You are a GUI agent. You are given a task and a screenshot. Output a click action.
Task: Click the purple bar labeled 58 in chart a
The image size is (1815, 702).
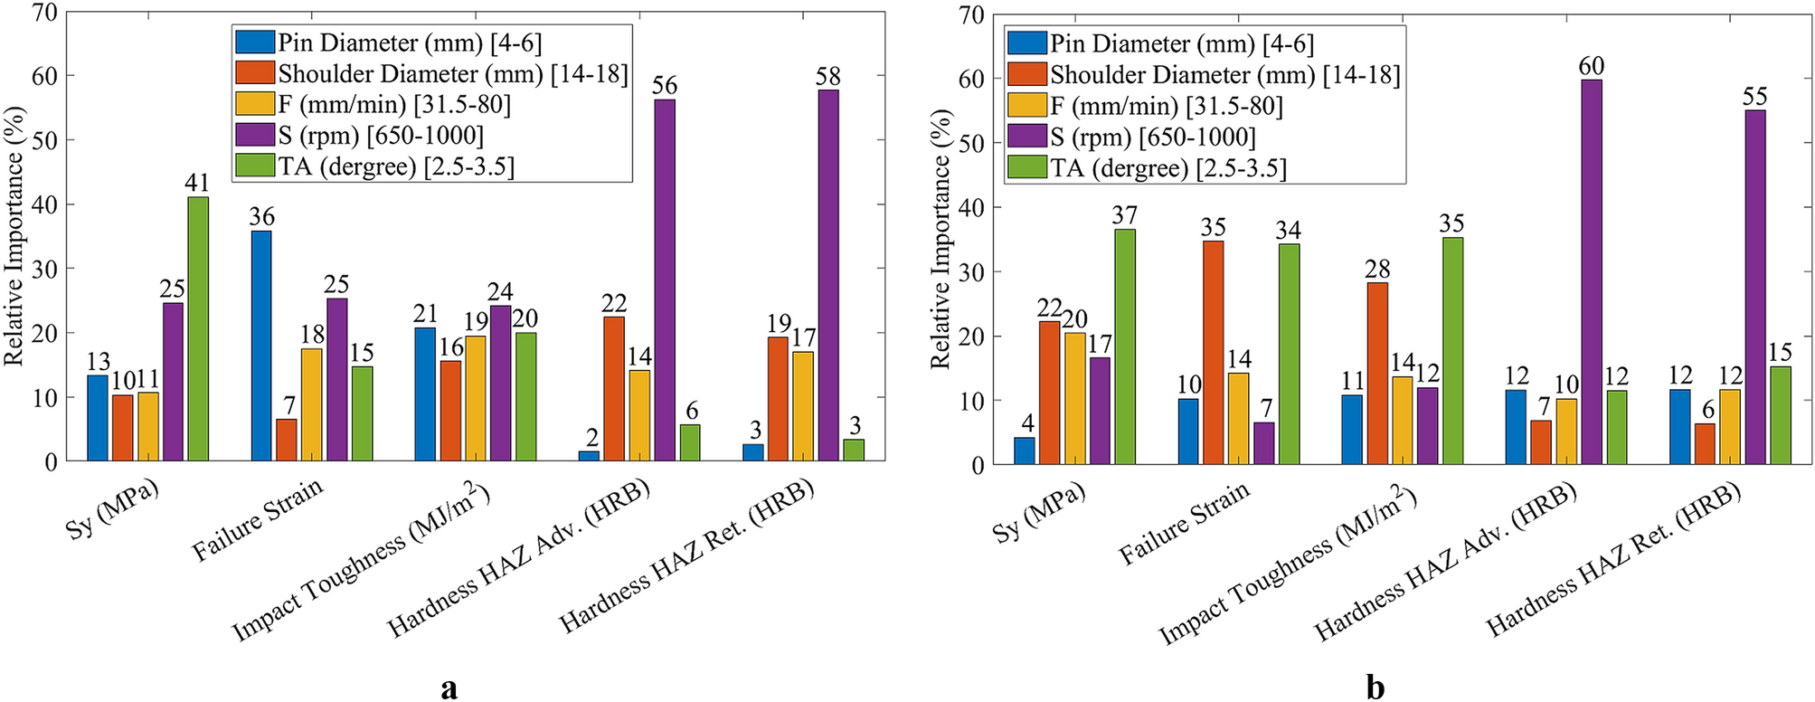(x=827, y=276)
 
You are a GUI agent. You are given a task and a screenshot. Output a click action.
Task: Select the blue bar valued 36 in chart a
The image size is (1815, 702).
(x=261, y=346)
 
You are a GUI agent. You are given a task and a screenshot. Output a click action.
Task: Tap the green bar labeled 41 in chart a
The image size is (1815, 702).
(x=197, y=329)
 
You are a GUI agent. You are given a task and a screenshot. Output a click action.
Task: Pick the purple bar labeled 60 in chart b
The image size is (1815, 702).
(x=1591, y=272)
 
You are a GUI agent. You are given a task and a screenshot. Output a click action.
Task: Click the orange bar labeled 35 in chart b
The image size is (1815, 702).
(x=1213, y=353)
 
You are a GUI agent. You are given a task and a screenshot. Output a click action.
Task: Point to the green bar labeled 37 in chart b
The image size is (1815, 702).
(x=1124, y=346)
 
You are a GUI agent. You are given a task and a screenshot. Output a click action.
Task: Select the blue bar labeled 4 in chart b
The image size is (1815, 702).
(x=1024, y=451)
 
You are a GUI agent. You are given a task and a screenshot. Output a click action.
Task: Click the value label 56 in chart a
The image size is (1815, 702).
(x=664, y=86)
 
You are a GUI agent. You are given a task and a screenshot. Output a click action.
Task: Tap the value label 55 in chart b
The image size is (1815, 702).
(x=1754, y=97)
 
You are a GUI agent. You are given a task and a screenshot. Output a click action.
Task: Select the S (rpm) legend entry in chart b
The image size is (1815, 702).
(x=1152, y=138)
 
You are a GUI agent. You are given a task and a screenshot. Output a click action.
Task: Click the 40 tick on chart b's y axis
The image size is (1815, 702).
(x=971, y=207)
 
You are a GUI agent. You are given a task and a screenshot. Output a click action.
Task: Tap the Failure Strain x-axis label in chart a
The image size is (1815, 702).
(x=259, y=520)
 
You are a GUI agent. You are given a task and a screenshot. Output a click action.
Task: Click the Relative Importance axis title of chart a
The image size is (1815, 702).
(x=14, y=235)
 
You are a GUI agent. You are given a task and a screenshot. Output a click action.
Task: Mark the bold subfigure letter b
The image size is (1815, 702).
(x=1375, y=688)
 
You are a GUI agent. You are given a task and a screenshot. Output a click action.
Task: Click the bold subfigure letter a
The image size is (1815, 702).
(x=449, y=688)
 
